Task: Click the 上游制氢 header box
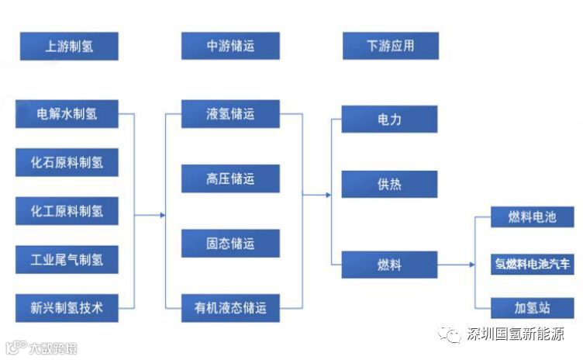pyautogui.click(x=69, y=46)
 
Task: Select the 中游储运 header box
pyautogui.click(x=230, y=46)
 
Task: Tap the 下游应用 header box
pyautogui.click(x=390, y=46)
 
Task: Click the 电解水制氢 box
pyautogui.click(x=67, y=114)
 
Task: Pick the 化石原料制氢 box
pyautogui.click(x=67, y=162)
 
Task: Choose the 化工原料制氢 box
pyautogui.click(x=67, y=210)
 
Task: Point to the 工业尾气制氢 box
pyautogui.click(x=67, y=259)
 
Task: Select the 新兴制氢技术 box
pyautogui.click(x=67, y=307)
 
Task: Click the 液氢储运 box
pyautogui.click(x=230, y=114)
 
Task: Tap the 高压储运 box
pyautogui.click(x=230, y=179)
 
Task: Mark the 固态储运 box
pyautogui.click(x=230, y=243)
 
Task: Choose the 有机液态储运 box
pyautogui.click(x=230, y=308)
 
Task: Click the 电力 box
pyautogui.click(x=389, y=119)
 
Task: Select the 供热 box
pyautogui.click(x=389, y=185)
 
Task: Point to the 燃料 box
pyautogui.click(x=389, y=265)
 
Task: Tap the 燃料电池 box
pyautogui.click(x=532, y=217)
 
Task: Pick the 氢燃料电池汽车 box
pyautogui.click(x=532, y=263)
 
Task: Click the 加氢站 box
pyautogui.click(x=532, y=307)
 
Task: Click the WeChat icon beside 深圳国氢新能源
pyautogui.click(x=450, y=334)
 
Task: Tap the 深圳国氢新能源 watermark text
pyautogui.click(x=514, y=334)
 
